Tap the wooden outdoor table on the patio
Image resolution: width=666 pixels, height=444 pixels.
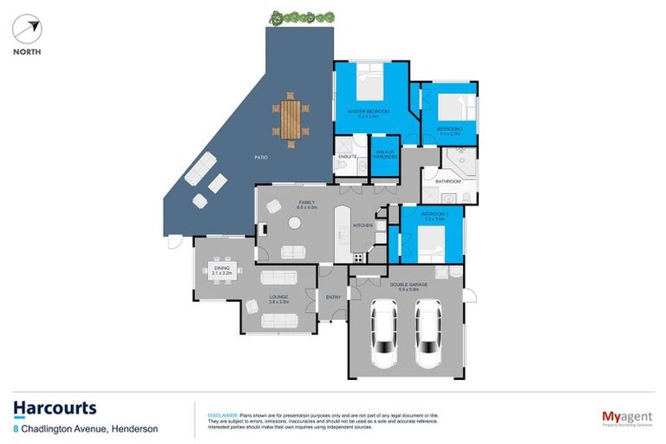(x=291, y=118)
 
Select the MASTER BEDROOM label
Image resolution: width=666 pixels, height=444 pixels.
(x=368, y=112)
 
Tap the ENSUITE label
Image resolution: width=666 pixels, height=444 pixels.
(x=348, y=156)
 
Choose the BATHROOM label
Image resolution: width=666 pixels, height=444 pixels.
(x=447, y=181)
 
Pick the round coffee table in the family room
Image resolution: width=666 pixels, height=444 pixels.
(x=295, y=223)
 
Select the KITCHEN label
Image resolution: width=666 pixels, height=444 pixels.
(x=362, y=225)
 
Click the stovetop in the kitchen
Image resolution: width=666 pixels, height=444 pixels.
(x=357, y=257)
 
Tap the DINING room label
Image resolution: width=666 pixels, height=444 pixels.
(x=221, y=270)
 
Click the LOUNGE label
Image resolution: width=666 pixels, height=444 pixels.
(x=277, y=297)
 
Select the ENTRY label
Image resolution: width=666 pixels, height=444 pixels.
(x=333, y=297)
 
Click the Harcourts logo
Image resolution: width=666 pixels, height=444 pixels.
(x=55, y=408)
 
